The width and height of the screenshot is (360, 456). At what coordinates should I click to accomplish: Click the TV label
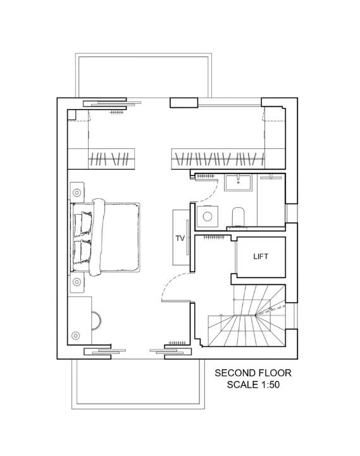pyautogui.click(x=180, y=238)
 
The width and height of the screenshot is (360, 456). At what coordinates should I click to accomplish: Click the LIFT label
pyautogui.click(x=261, y=256)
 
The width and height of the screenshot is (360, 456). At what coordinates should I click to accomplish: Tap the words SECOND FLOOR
pyautogui.click(x=253, y=373)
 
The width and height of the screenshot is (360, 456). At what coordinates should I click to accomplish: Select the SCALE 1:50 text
pyautogui.click(x=253, y=384)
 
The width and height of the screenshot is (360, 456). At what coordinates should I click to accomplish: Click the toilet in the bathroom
pyautogui.click(x=239, y=217)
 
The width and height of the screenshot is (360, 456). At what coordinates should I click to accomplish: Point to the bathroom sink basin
pyautogui.click(x=239, y=182)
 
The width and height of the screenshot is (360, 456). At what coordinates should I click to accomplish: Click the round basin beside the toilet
pyautogui.click(x=207, y=217)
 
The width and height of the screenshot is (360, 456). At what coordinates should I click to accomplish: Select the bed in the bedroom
pyautogui.click(x=105, y=237)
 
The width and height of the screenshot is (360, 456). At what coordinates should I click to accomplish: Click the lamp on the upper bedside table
pyautogui.click(x=77, y=193)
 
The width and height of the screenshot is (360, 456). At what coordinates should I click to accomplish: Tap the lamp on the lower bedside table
pyautogui.click(x=77, y=281)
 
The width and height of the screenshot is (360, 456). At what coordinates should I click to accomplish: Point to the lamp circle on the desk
pyautogui.click(x=75, y=336)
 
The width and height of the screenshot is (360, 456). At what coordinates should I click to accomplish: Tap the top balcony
pyautogui.click(x=144, y=75)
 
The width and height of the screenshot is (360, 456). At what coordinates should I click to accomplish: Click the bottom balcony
pyautogui.click(x=138, y=384)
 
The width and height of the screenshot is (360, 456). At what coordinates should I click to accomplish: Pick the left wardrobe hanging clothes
pyautogui.click(x=111, y=159)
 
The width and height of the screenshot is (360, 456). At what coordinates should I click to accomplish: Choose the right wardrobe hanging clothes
pyautogui.click(x=218, y=159)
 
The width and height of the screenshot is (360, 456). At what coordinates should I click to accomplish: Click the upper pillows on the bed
pyautogui.click(x=83, y=223)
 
